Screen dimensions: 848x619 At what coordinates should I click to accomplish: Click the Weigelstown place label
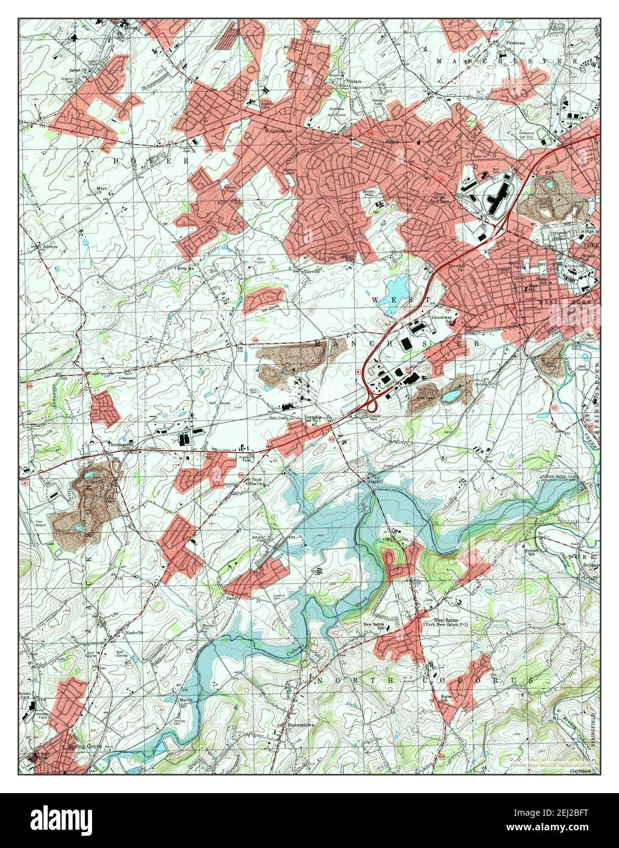click(x=275, y=130)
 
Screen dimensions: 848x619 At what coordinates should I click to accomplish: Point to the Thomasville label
click(x=120, y=444)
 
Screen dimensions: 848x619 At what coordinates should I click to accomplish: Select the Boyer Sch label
click(x=448, y=699)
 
